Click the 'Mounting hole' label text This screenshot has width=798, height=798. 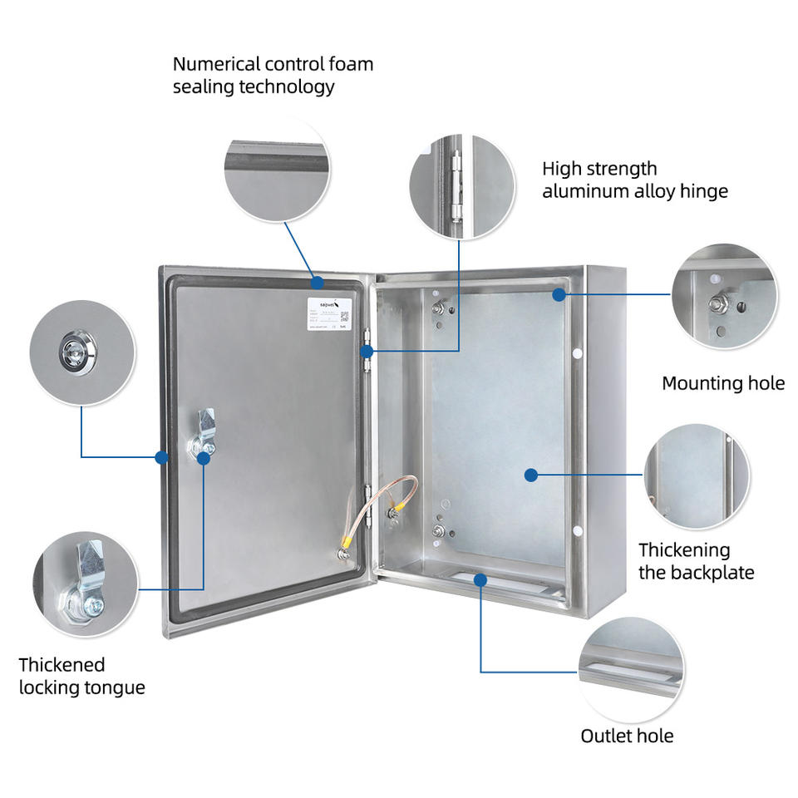(x=722, y=383)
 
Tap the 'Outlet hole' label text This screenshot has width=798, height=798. (x=627, y=736)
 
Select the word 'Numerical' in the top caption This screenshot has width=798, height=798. (x=215, y=64)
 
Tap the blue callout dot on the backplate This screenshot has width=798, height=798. (x=530, y=475)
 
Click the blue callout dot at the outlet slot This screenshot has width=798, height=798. (x=480, y=579)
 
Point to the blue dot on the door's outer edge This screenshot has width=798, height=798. (x=161, y=456)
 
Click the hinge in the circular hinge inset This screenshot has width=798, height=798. (x=455, y=187)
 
